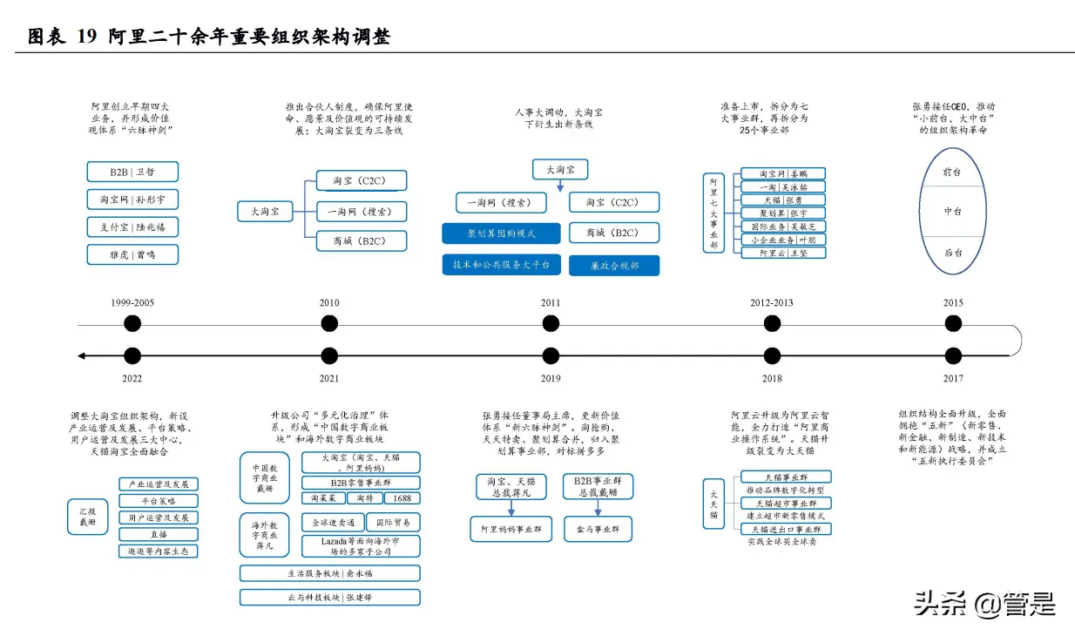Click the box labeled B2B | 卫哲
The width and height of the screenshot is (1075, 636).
click(132, 172)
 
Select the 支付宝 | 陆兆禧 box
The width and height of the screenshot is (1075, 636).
click(132, 227)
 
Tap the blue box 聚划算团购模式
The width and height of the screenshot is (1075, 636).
click(501, 233)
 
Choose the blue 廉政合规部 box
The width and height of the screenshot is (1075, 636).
click(614, 266)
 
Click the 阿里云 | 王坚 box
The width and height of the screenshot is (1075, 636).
click(781, 253)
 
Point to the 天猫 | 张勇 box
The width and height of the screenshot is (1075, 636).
click(781, 200)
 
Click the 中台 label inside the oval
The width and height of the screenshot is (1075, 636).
click(953, 212)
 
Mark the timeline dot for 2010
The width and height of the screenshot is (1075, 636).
click(329, 324)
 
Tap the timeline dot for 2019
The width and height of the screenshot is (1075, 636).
click(551, 355)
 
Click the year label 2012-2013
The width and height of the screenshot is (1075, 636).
click(771, 303)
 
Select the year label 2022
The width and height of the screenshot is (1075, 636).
click(132, 378)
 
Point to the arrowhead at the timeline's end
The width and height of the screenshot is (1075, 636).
click(81, 355)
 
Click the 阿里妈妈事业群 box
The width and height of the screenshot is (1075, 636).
click(511, 528)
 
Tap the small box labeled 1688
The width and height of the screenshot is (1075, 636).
click(402, 498)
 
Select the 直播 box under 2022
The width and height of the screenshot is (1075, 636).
click(159, 534)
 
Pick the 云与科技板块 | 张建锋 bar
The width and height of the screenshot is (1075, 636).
click(330, 598)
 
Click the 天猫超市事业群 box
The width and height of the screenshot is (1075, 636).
click(786, 504)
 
